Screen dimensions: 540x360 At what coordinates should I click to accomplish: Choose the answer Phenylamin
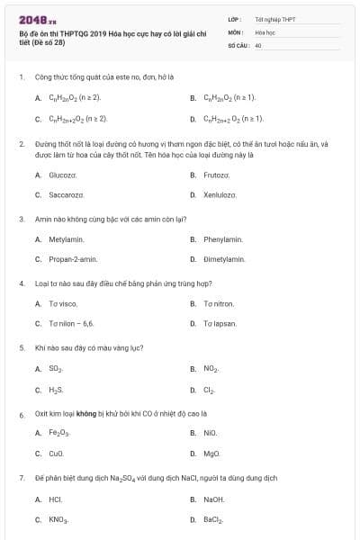pos(223,239)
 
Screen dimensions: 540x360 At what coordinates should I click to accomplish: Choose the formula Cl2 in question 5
pos(210,391)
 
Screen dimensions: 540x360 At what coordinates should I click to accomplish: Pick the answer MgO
pos(211,454)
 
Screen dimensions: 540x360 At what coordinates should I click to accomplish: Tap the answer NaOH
pos(213,499)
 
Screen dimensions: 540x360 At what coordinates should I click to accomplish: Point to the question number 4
pos(21,283)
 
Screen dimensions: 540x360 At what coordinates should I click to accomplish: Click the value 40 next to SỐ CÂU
pos(258,44)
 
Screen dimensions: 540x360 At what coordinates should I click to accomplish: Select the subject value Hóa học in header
pos(265,31)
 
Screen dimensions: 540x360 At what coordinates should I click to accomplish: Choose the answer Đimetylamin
pos(223,259)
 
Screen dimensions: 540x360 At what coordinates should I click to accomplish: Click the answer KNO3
pos(58,520)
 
